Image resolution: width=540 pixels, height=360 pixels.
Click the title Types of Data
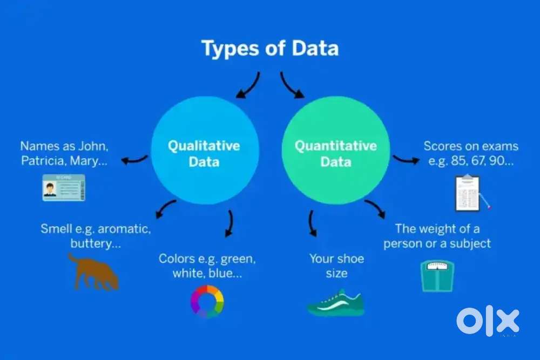coord(270,49)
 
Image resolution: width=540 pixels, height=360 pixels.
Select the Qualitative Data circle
coord(205,151)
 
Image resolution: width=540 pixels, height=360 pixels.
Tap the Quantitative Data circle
coord(336,151)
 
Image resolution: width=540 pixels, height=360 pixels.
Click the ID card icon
coord(64,188)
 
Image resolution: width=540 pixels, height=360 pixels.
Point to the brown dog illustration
coord(93,272)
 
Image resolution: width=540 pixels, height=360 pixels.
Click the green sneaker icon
coord(336,303)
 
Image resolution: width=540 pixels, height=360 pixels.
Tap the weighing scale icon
coord(437,276)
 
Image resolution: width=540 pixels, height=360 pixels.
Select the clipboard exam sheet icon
coord(468,193)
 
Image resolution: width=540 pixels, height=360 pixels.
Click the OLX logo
coord(488,321)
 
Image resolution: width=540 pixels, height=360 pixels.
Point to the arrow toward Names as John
coord(134,160)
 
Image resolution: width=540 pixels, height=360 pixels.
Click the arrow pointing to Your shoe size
coord(312,223)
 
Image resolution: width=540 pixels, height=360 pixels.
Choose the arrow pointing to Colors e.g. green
coord(230,223)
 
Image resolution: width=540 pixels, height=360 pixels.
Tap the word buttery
coord(91,243)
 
